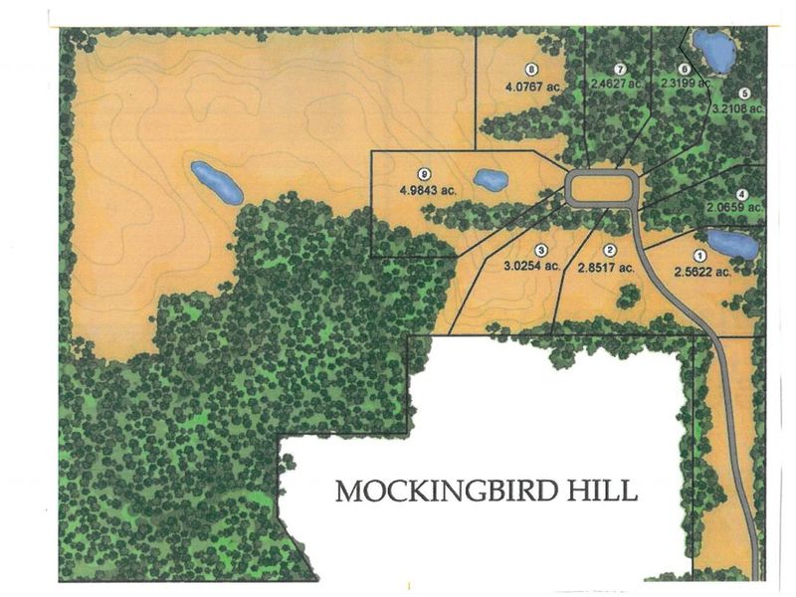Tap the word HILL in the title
[602, 492]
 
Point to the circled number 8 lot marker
[532, 70]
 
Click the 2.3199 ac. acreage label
[687, 85]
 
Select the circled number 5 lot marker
[744, 92]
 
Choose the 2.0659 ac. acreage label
[737, 207]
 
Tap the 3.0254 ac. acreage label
[532, 267]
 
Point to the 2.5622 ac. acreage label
[702, 270]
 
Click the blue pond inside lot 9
[490, 180]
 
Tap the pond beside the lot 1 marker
[733, 242]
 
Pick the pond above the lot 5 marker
[713, 48]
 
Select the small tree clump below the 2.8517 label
[627, 296]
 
